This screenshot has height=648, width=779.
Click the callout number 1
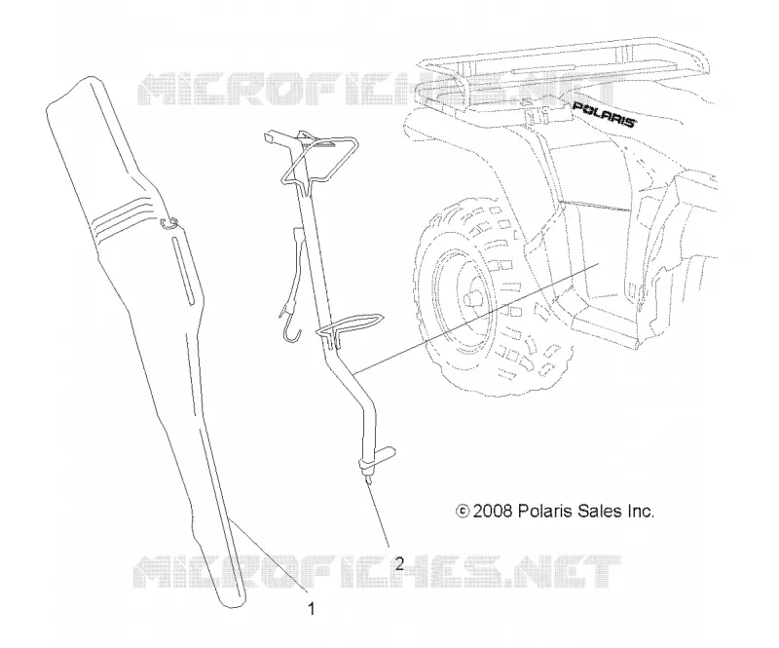pyautogui.click(x=312, y=609)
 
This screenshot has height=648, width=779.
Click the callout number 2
pyautogui.click(x=399, y=564)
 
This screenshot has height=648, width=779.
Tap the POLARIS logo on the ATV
pyautogui.click(x=604, y=114)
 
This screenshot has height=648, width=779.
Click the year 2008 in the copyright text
pyautogui.click(x=493, y=511)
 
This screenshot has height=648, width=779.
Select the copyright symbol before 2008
pyautogui.click(x=463, y=512)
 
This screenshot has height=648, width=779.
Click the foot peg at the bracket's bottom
pyautogui.click(x=379, y=459)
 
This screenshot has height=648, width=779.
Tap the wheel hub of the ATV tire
pyautogui.click(x=468, y=302)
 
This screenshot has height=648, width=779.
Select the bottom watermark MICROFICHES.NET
pyautogui.click(x=378, y=572)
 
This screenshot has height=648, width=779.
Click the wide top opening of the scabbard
pyautogui.click(x=75, y=92)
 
